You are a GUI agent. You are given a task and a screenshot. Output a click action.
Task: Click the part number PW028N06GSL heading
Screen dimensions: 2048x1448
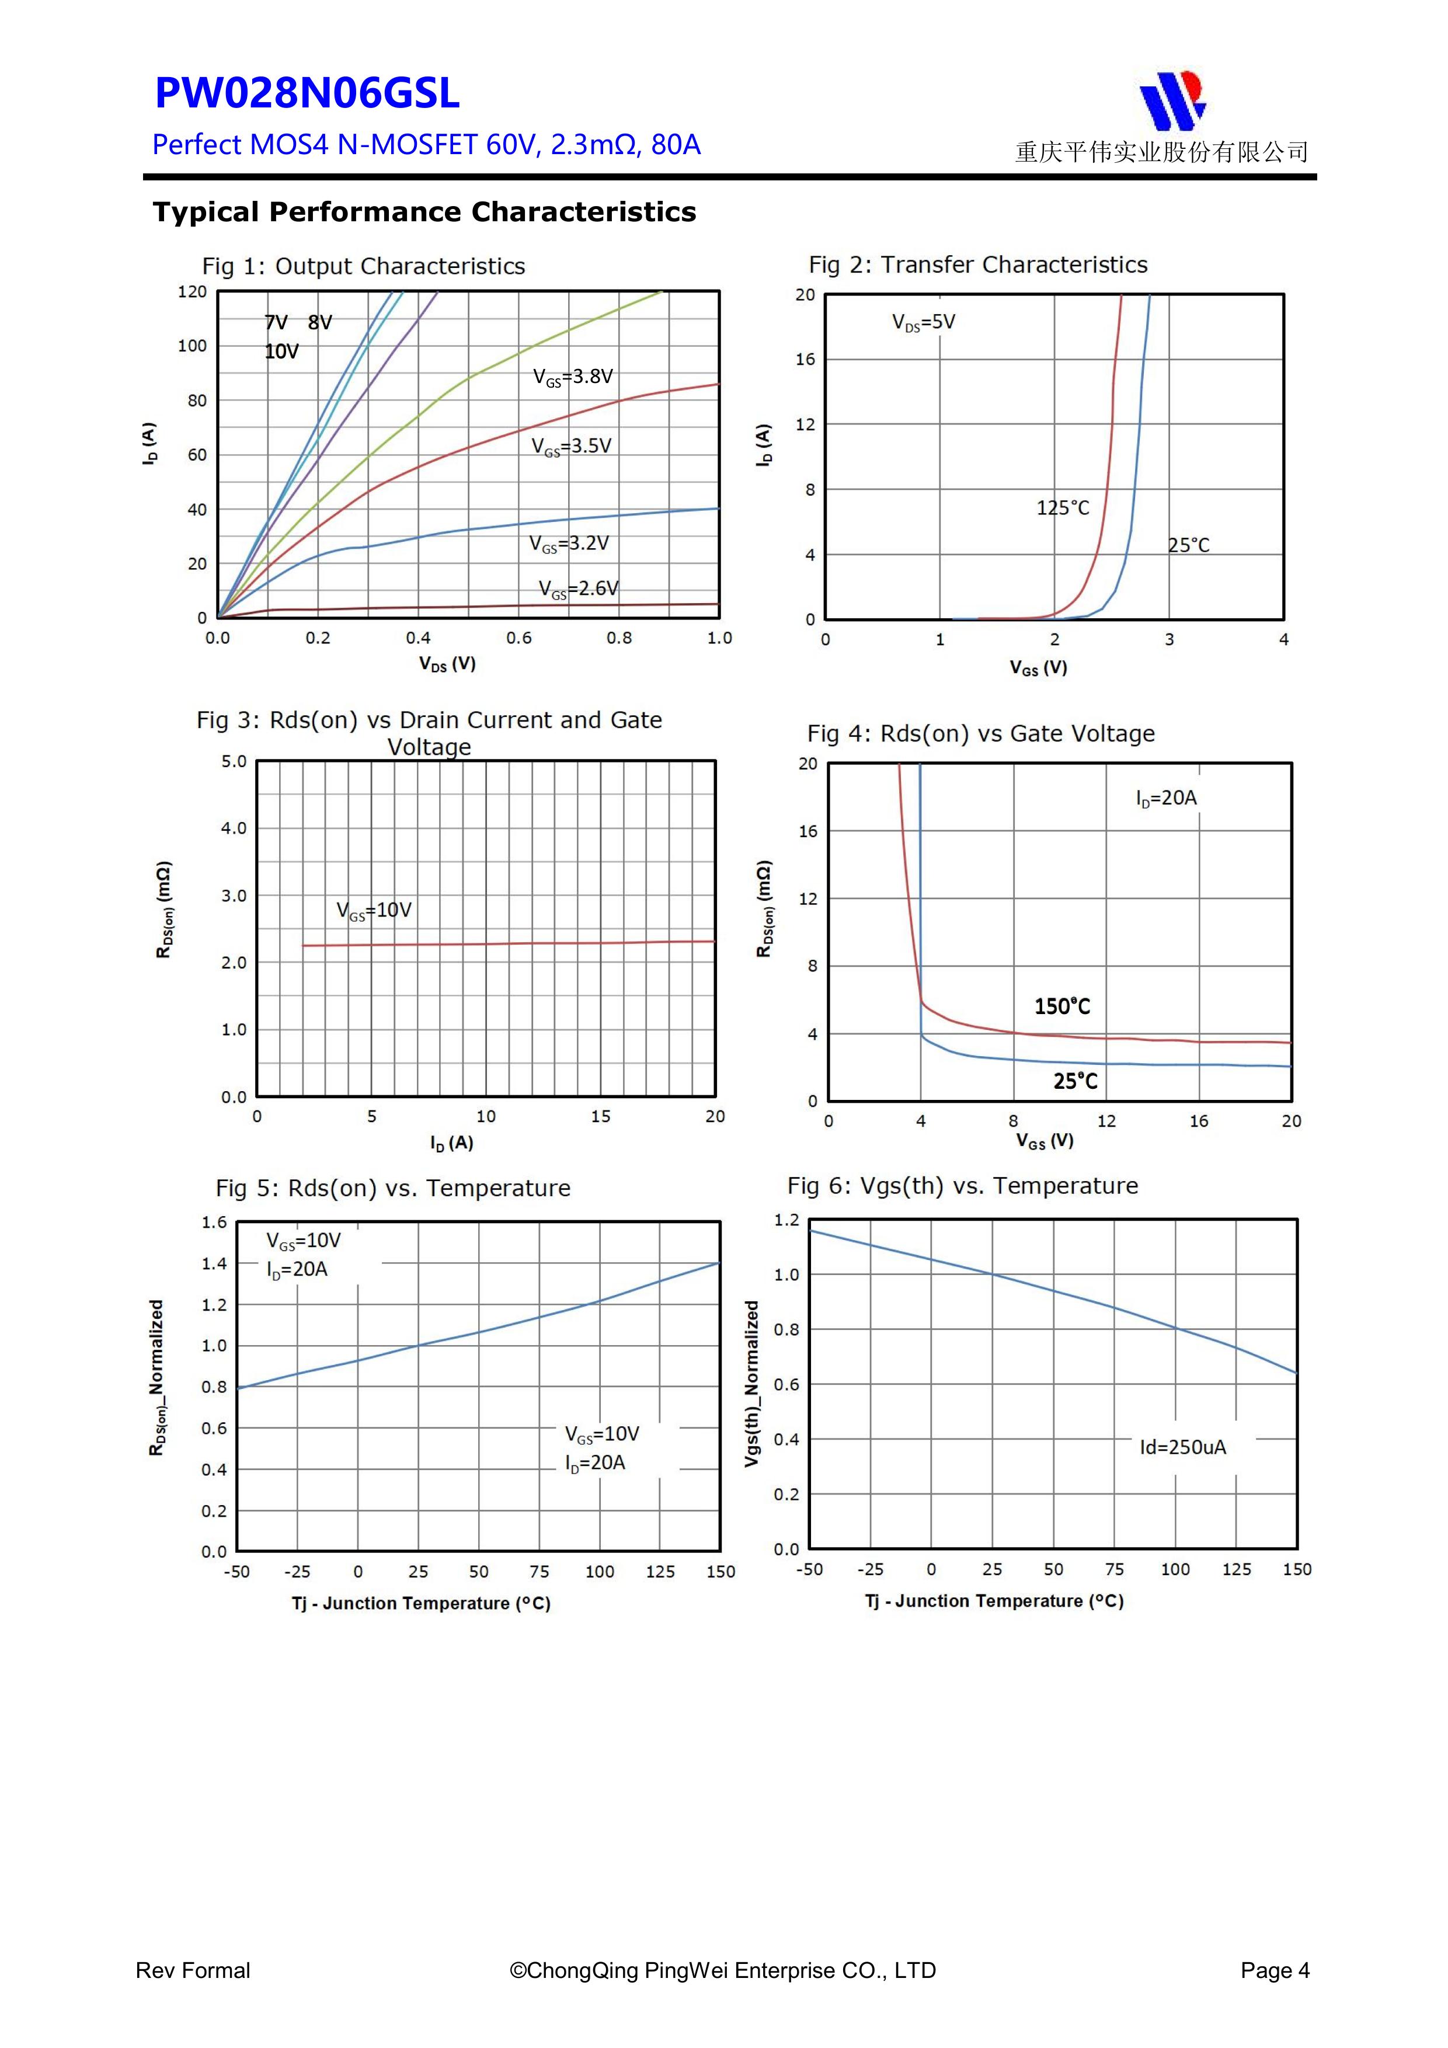tap(307, 93)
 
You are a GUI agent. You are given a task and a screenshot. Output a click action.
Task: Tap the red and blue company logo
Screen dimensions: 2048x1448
tap(1172, 100)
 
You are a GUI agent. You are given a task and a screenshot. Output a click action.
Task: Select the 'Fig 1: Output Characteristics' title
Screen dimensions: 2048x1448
tap(363, 266)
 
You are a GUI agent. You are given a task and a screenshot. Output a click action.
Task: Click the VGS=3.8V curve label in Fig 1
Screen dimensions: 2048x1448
tap(573, 377)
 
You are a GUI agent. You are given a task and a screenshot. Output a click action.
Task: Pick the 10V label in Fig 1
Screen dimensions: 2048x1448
tap(281, 351)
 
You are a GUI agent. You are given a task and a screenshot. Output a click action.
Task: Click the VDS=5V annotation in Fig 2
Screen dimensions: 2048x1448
tap(924, 322)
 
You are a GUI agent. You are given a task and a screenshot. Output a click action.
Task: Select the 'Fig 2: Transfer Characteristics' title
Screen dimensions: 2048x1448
tap(978, 265)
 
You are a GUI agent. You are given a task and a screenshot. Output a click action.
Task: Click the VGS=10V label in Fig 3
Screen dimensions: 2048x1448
tap(374, 911)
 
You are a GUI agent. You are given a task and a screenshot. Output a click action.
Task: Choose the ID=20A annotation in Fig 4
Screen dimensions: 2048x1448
tap(1166, 797)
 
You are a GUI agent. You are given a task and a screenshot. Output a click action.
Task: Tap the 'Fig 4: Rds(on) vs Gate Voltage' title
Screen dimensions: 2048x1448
tap(980, 733)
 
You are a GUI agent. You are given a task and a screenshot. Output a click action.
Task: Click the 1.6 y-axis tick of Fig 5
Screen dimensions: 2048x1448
tap(214, 1222)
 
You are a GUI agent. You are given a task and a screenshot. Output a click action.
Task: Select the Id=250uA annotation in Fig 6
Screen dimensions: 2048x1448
tap(1182, 1447)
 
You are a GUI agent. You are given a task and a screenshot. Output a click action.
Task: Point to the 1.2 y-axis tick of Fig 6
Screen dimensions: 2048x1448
tap(786, 1220)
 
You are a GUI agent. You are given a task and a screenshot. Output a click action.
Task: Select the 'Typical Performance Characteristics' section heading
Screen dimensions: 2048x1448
tap(424, 213)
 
